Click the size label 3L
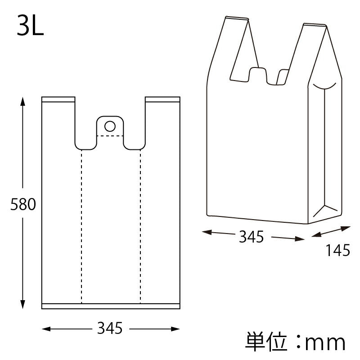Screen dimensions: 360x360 click(x=31, y=27)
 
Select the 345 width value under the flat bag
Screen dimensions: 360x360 click(x=110, y=328)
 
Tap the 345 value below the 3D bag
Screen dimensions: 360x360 click(x=251, y=237)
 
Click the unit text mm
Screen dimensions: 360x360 click(x=325, y=343)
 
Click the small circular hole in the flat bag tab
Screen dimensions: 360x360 click(x=110, y=125)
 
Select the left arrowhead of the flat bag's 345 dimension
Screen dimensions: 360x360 click(x=45, y=329)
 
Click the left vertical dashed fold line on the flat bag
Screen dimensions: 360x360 click(x=81, y=225)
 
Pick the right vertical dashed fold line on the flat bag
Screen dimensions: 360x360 click(x=140, y=225)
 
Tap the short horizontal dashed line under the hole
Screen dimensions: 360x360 click(x=110, y=135)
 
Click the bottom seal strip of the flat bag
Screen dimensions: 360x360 click(x=111, y=306)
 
